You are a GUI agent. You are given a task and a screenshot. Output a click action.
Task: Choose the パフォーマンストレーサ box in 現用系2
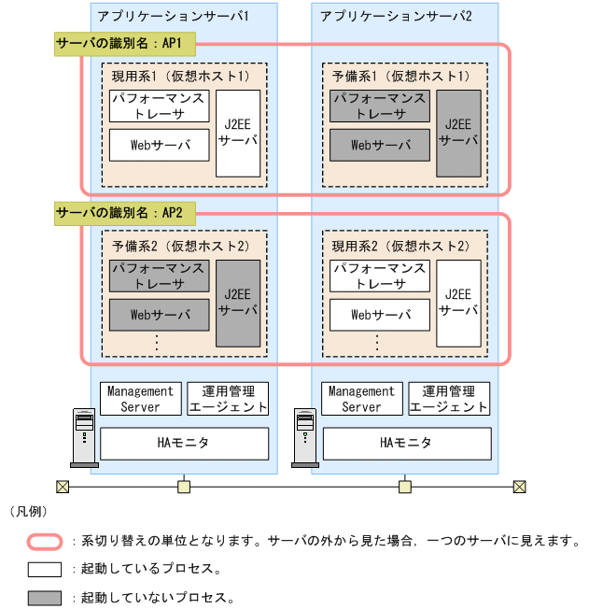point(379,276)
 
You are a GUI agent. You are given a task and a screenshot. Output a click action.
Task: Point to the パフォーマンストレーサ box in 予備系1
point(379,106)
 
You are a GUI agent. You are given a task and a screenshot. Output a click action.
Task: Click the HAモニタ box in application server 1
point(184,444)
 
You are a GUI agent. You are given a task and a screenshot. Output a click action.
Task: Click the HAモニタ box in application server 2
point(405,444)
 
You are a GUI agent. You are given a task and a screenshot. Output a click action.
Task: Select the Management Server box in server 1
point(140,399)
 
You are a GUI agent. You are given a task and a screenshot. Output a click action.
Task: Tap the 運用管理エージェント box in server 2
point(449,399)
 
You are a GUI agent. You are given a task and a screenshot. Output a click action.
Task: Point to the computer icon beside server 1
point(84,437)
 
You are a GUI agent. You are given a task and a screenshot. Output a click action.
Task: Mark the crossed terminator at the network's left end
point(63,487)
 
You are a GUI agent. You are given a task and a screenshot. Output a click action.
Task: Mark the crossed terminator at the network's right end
point(520,487)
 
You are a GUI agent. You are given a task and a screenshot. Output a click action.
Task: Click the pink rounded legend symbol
point(44,541)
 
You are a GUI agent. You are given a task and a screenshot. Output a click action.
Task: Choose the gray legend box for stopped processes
point(44,597)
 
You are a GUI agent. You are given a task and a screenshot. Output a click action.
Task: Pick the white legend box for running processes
point(44,569)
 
